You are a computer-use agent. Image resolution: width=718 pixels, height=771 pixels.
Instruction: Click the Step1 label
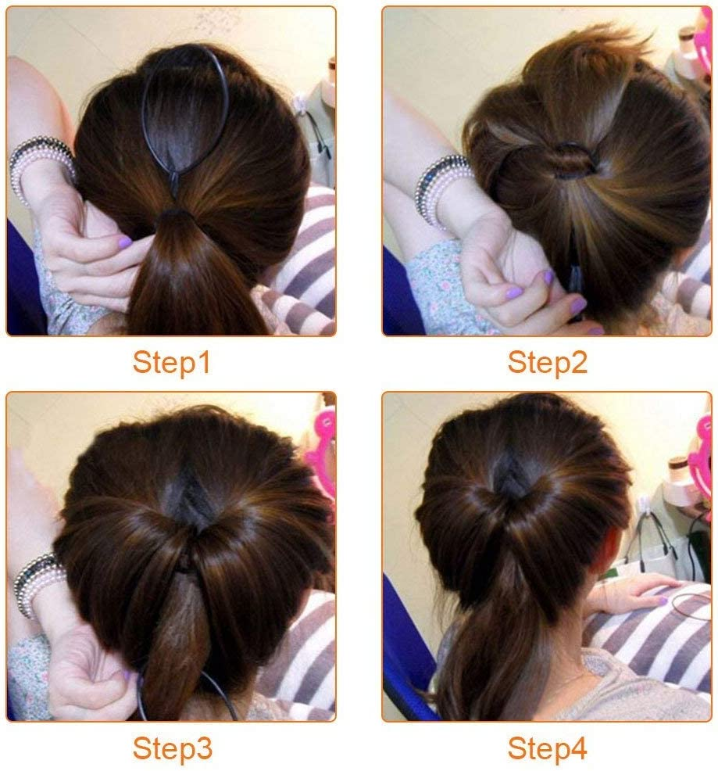[171, 362]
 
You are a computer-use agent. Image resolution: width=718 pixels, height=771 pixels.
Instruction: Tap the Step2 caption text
[547, 362]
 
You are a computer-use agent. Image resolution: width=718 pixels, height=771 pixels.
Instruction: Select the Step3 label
[172, 748]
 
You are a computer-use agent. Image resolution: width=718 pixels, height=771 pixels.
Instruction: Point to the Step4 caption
[547, 748]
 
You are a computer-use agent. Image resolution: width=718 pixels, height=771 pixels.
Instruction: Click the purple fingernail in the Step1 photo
[125, 242]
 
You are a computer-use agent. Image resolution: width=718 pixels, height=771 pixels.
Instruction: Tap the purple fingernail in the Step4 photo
[663, 601]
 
